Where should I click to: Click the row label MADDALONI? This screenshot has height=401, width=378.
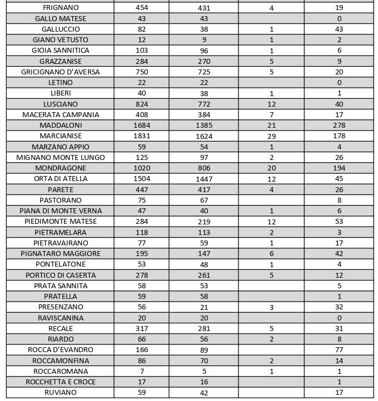[x=61, y=126]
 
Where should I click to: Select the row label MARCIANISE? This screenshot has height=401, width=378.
[x=61, y=136]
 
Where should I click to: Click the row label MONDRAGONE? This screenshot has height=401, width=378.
[x=61, y=168]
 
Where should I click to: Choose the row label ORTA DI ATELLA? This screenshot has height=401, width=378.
[x=61, y=179]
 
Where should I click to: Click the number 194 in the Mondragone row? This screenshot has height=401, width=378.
[x=339, y=168]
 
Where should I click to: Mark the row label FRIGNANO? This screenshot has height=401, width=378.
[x=61, y=8]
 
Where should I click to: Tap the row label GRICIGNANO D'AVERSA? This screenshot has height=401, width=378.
[x=61, y=72]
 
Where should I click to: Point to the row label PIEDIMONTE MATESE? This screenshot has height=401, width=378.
[x=61, y=222]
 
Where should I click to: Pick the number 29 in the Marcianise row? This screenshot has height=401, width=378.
[x=271, y=136]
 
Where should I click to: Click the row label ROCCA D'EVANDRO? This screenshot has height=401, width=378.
[x=61, y=350]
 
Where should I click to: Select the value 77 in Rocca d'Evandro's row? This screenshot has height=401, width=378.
[x=339, y=350]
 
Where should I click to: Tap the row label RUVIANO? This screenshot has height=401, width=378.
[x=61, y=393]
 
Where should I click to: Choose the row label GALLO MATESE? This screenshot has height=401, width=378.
[x=61, y=19]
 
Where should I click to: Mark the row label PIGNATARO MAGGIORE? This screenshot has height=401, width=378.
[x=61, y=254]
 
